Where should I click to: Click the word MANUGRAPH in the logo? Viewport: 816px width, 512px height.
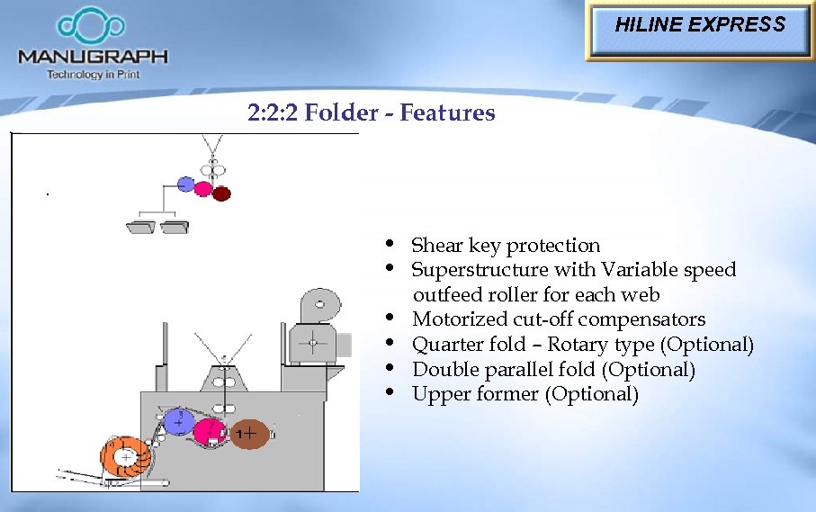click(94, 57)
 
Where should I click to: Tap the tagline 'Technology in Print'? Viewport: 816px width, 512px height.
click(94, 75)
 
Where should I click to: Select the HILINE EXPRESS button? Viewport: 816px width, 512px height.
click(700, 25)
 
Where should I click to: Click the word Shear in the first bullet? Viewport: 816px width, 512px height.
click(435, 246)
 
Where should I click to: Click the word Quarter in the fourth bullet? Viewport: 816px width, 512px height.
click(447, 344)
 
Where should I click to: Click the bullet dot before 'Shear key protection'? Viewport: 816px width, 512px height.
click(388, 245)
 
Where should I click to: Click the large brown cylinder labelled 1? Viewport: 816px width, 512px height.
click(249, 435)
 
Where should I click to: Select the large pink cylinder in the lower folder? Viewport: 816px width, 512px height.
click(211, 432)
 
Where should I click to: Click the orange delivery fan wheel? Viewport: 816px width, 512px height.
click(125, 456)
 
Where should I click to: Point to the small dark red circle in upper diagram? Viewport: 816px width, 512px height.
click(221, 193)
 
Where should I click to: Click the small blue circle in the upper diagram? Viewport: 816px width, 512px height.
click(186, 184)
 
